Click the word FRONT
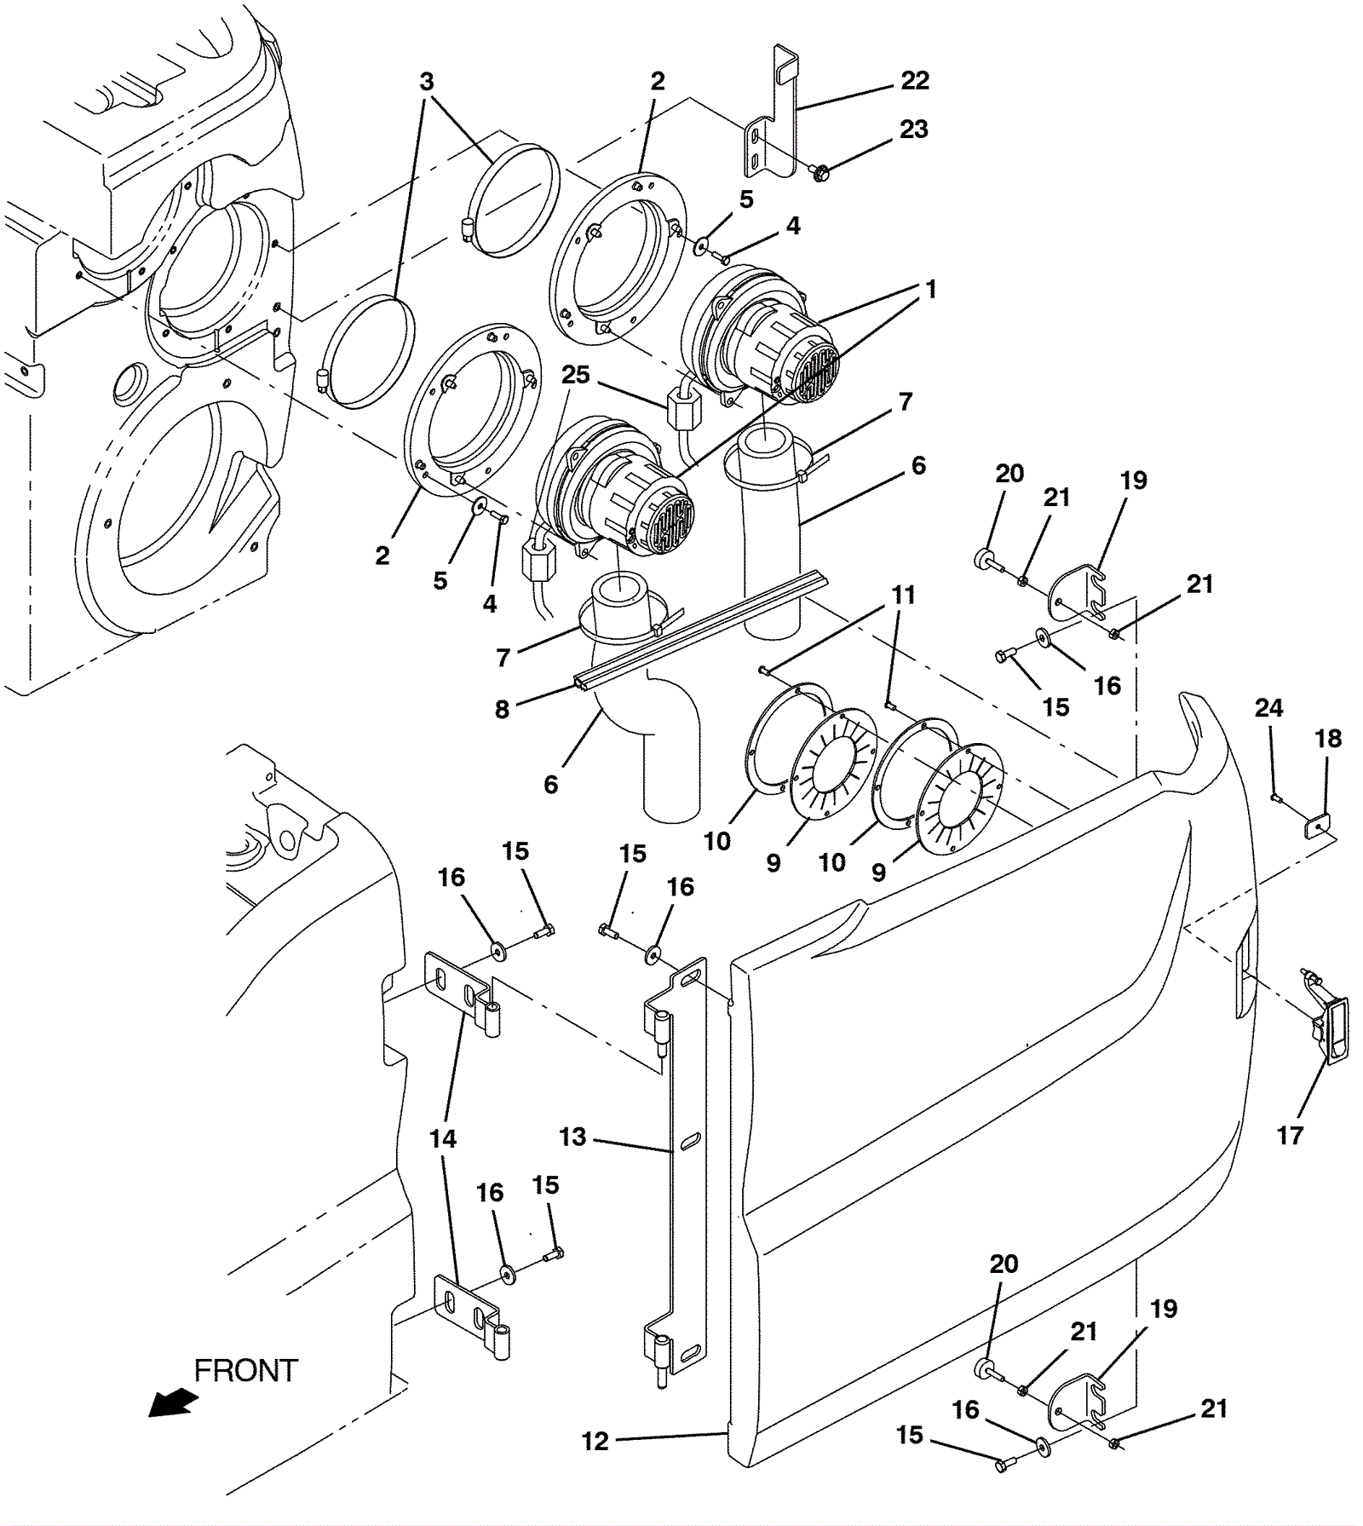(246, 1370)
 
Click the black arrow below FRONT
(173, 1402)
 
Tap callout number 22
(915, 81)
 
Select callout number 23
(914, 130)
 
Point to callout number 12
(595, 1441)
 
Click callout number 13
(573, 1137)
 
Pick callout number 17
(1291, 1135)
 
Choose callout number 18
(1329, 739)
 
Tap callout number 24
(1269, 708)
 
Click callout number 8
(502, 709)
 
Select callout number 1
(931, 289)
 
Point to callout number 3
(427, 82)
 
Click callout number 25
(576, 375)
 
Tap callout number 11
(904, 594)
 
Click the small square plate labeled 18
(1319, 825)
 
